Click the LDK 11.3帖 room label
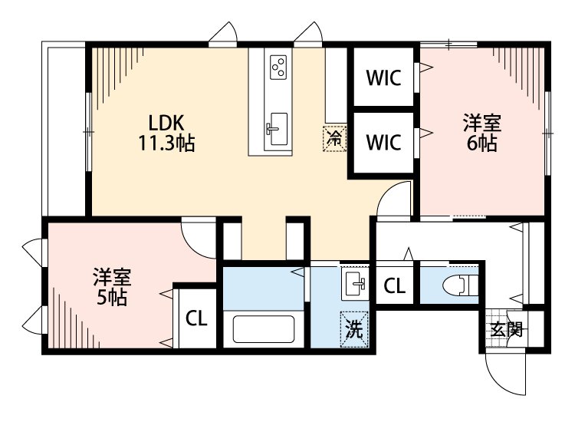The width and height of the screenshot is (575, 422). (166, 133)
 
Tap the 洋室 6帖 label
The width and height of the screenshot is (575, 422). (482, 133)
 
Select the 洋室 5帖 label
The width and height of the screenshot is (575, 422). (112, 287)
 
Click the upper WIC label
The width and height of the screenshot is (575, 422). (383, 77)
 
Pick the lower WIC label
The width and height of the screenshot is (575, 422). (383, 143)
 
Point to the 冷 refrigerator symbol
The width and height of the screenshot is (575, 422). (334, 138)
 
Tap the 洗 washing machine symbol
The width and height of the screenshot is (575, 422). (354, 329)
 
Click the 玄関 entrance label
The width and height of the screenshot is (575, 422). (507, 329)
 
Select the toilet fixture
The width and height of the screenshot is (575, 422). (460, 285)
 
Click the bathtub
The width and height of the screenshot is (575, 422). (264, 329)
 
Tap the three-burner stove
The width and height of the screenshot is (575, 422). (278, 68)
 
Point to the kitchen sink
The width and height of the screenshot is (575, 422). (277, 129)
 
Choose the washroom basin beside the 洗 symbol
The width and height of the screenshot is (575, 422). (355, 284)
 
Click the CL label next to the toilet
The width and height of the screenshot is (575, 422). (395, 286)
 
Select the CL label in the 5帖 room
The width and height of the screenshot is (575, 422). (196, 318)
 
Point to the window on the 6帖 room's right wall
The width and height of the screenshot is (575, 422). (547, 133)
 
